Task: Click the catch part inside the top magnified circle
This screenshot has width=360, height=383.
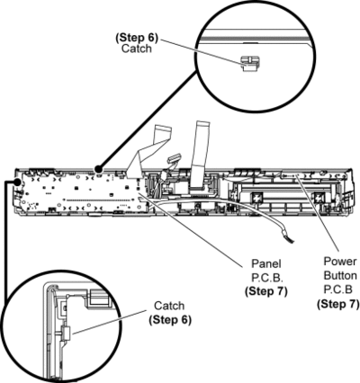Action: (248, 63)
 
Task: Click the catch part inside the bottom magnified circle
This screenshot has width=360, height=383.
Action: (66, 333)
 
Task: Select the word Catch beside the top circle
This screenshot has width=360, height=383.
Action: (137, 49)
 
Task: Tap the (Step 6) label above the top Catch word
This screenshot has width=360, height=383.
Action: (137, 37)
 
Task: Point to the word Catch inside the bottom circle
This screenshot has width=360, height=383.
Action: (169, 306)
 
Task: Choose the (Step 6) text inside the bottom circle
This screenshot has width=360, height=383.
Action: (170, 319)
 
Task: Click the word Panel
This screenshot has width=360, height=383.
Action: (266, 263)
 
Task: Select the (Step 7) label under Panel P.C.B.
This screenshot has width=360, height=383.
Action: (266, 291)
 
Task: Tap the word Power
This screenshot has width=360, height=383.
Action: (340, 262)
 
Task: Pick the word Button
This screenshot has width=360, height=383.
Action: (340, 275)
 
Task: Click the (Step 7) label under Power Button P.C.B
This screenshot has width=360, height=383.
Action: (338, 304)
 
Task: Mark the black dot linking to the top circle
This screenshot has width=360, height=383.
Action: (98, 169)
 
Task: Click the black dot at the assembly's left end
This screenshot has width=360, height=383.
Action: (18, 182)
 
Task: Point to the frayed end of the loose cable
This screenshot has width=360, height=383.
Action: (290, 239)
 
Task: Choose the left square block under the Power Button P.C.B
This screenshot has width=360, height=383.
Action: (256, 197)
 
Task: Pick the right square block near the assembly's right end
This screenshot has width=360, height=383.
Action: (319, 198)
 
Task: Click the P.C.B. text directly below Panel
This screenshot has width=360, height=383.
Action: (266, 278)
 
